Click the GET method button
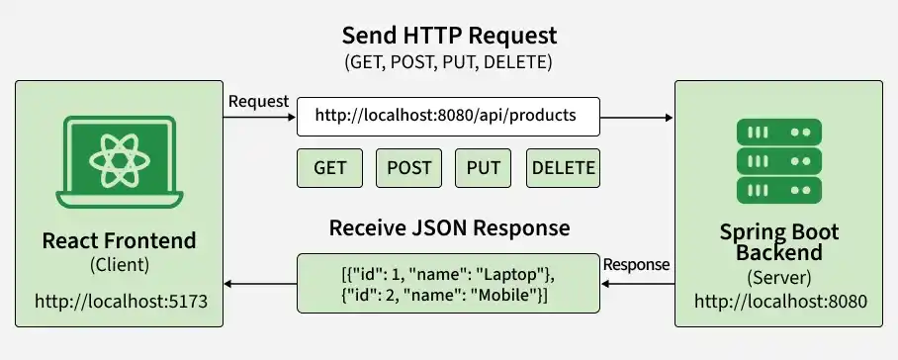(x=329, y=168)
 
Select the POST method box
(x=408, y=168)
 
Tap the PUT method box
(x=483, y=168)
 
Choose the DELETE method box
(x=563, y=168)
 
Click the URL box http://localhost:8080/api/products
(x=448, y=117)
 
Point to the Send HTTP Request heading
(x=450, y=36)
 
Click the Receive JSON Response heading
(x=450, y=227)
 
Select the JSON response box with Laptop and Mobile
(x=448, y=284)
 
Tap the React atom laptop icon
(x=120, y=162)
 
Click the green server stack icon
(x=779, y=161)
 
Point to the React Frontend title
(x=119, y=240)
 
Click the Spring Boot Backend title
(x=779, y=242)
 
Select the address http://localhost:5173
(x=121, y=301)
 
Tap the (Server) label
(x=779, y=278)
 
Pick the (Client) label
(x=119, y=265)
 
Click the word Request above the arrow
(x=259, y=101)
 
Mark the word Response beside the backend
(x=636, y=264)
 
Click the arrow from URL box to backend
(x=637, y=118)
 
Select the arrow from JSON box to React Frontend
(x=260, y=284)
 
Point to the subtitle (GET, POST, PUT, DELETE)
(x=448, y=61)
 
